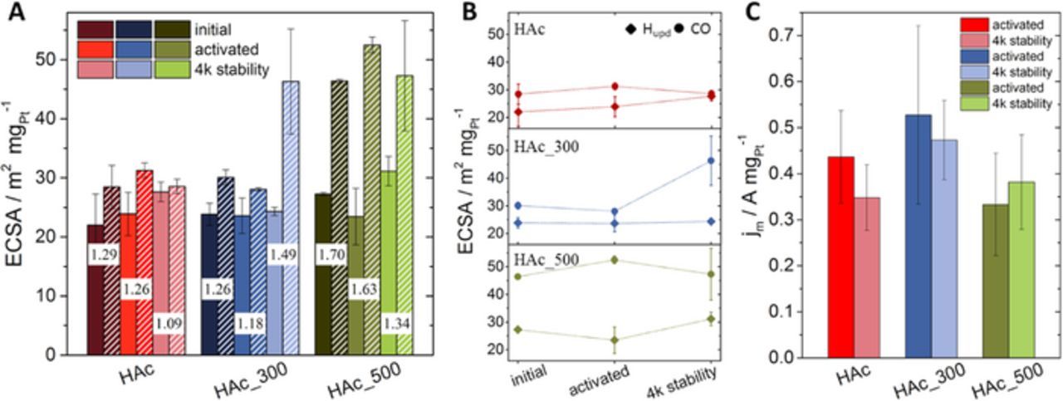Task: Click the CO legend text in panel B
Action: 711,29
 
